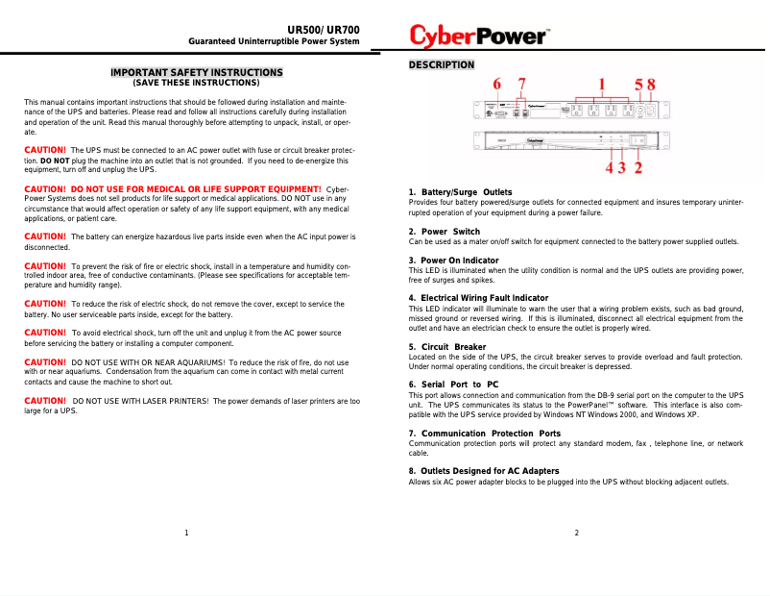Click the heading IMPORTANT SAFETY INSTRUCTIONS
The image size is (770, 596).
tap(197, 72)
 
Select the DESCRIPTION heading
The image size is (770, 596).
tap(442, 65)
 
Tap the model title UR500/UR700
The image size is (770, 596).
tap(324, 30)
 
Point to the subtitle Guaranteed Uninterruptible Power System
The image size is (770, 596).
tap(274, 42)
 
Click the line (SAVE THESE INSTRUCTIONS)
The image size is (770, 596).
tap(196, 83)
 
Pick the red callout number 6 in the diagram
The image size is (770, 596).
tap(497, 84)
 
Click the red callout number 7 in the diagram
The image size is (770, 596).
tap(522, 84)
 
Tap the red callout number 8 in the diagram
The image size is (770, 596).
tap(651, 84)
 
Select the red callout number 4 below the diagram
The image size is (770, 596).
tap(609, 167)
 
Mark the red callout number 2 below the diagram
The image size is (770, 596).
tap(639, 167)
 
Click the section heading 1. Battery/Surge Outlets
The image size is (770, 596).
tap(460, 193)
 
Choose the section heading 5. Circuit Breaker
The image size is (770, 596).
tap(447, 347)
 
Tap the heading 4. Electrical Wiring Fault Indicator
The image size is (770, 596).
tap(478, 298)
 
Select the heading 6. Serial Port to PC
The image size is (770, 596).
tap(453, 385)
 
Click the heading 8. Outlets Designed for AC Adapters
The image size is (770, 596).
tap(484, 471)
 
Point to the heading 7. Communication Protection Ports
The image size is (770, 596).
tap(485, 434)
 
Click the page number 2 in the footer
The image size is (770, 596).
tap(576, 533)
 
